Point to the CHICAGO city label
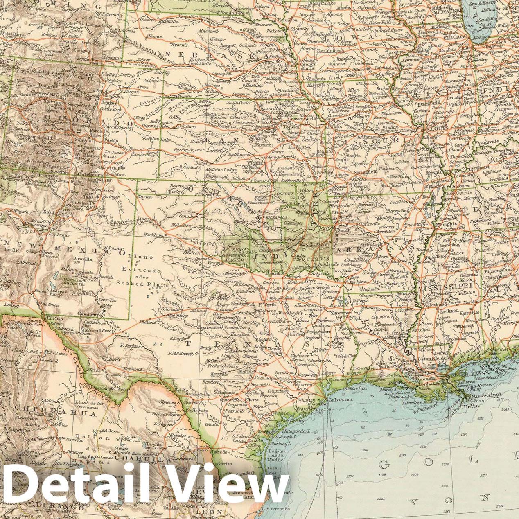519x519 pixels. (x=456, y=36)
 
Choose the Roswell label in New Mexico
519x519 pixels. (x=105, y=276)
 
